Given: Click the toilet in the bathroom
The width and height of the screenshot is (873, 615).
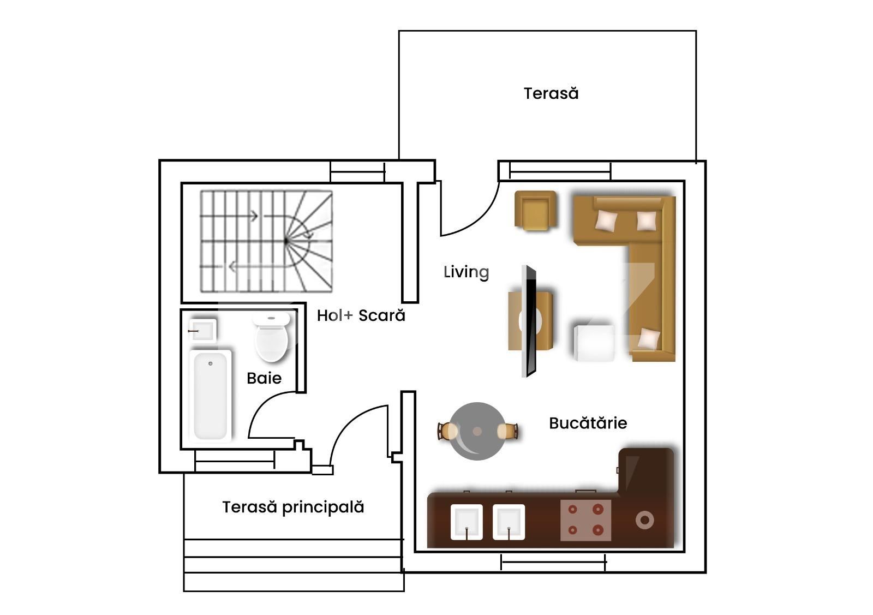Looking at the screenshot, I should pos(272,338).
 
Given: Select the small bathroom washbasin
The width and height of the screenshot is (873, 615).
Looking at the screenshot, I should pos(202,330).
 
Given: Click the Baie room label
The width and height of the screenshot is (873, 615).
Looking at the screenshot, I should pos(264,378).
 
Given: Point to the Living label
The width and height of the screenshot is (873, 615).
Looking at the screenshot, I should pos(466,272).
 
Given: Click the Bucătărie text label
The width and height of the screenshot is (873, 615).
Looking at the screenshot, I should pos(588,423).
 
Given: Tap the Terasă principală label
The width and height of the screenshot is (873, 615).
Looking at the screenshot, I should pos(293,507).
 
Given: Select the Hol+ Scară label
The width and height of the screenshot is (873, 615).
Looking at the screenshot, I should pos(361,315).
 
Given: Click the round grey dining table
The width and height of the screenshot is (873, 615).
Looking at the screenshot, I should pos(477,431).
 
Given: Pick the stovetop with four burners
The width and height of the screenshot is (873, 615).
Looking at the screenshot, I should pos(585,520).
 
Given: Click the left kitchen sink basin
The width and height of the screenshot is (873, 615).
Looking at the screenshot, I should pos(467,522).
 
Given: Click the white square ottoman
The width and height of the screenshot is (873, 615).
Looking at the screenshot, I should pos(595,343).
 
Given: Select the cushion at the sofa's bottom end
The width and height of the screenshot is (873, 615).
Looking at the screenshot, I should pos(649,338).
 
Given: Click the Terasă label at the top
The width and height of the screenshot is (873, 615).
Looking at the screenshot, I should pos(551,93).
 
